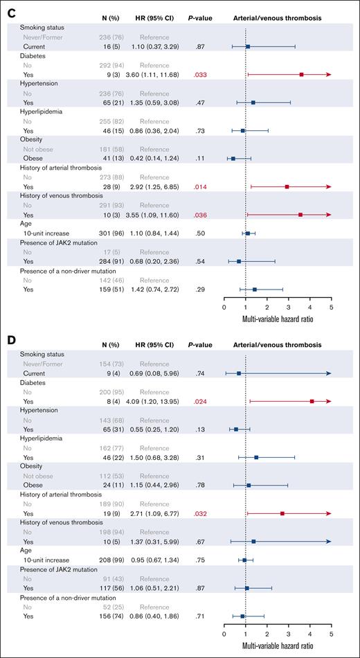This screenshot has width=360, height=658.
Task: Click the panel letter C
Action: tap(8, 7)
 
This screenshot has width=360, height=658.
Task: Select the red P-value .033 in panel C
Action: tap(201, 73)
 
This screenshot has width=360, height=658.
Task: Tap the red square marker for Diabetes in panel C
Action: tap(302, 73)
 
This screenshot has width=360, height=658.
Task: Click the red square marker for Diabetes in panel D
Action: tap(312, 401)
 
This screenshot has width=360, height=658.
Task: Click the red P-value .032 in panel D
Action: tap(201, 514)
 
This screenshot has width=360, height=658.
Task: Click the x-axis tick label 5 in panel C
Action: tap(331, 307)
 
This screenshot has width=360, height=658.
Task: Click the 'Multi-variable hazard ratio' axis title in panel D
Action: tap(278, 648)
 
